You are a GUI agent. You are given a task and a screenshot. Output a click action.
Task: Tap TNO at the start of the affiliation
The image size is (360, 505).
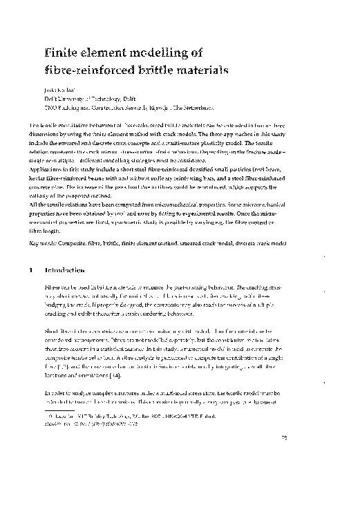pyautogui.click(x=50, y=108)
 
